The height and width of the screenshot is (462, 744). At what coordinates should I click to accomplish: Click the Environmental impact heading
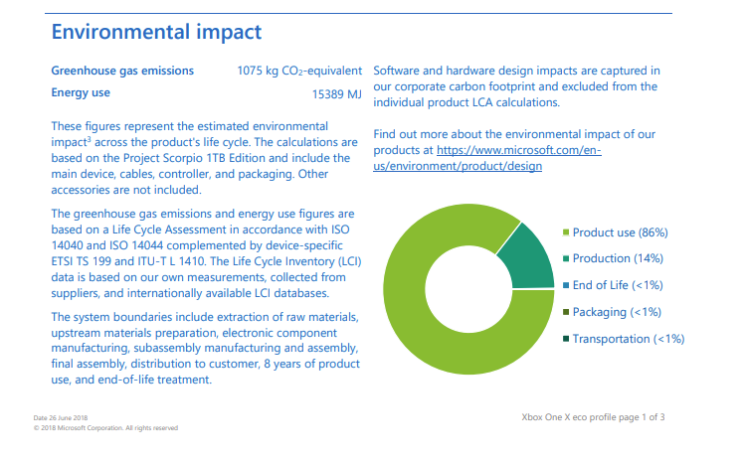pos(156,32)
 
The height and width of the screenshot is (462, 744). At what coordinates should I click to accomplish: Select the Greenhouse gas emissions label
pos(122,72)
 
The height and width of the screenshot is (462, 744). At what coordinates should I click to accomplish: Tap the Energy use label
pos(81,93)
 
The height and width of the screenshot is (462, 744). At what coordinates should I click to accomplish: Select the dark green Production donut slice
pos(521,253)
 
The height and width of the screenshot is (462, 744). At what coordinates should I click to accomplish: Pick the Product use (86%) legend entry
pos(620,232)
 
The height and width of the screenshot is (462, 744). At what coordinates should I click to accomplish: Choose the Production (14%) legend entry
pos(617,258)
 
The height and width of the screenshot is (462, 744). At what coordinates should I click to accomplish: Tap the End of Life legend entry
pos(617,285)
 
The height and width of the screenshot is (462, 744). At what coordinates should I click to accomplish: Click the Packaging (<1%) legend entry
pos(617,312)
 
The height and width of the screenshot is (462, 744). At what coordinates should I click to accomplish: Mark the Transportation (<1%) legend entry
pos(628,339)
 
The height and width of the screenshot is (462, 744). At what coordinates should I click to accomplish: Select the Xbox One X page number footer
pos(593,416)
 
